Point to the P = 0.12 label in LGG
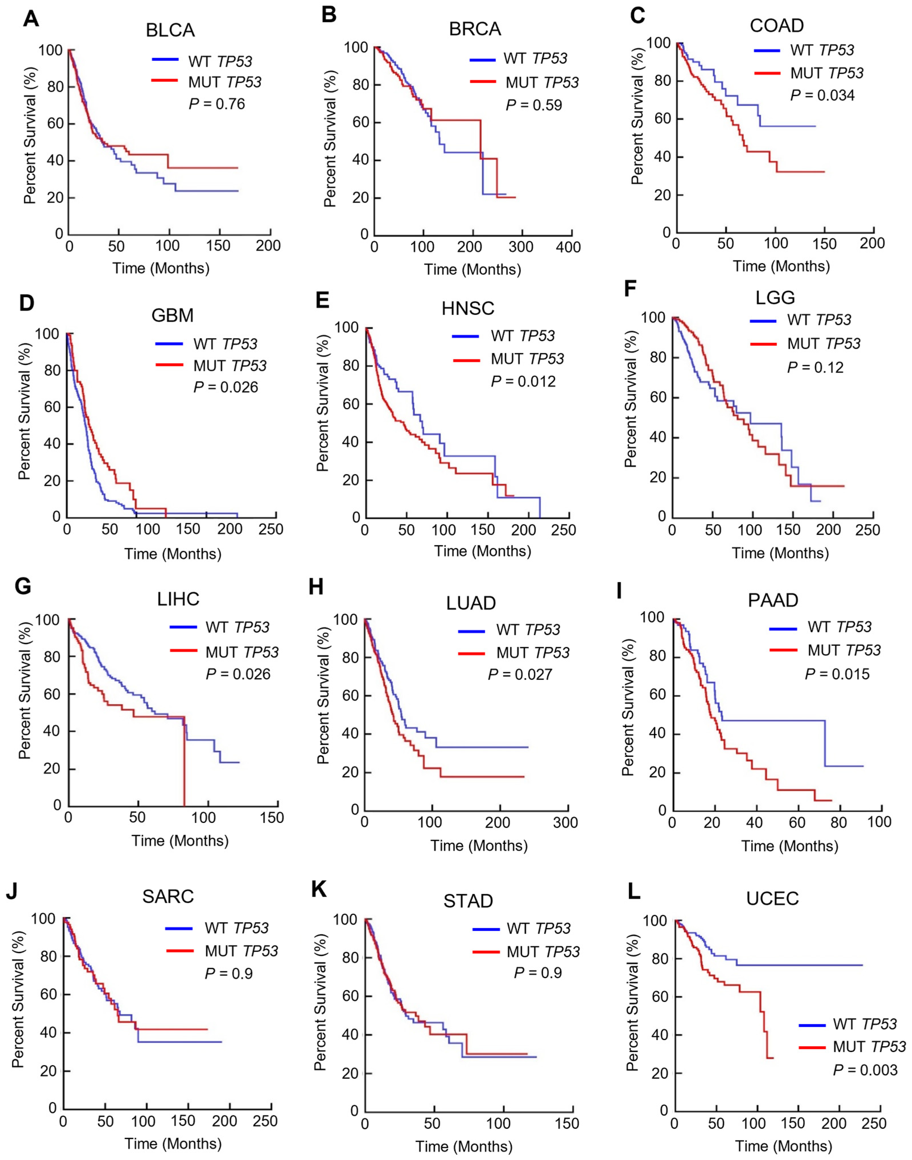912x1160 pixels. (x=815, y=368)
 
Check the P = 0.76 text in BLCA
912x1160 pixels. (x=217, y=103)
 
